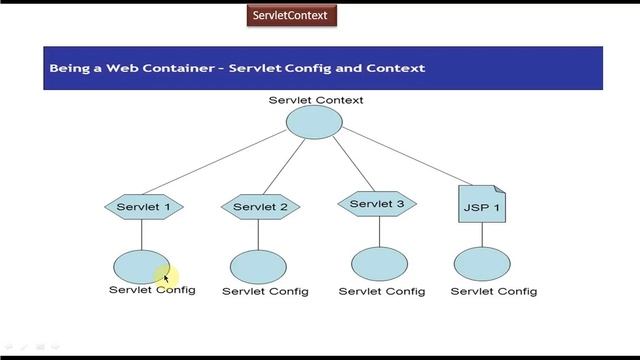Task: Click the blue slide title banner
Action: [x=322, y=68]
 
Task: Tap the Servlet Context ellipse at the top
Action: [x=315, y=122]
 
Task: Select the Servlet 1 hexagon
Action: [x=143, y=208]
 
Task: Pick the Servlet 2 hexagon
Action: [x=260, y=208]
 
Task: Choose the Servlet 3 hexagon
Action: [x=377, y=205]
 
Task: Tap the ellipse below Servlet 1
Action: [x=140, y=267]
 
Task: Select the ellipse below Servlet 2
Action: [x=258, y=267]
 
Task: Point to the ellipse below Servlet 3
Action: [x=379, y=264]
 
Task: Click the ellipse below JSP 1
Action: [x=482, y=265]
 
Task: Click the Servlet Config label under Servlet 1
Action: [x=152, y=290]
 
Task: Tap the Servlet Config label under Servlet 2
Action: [x=265, y=292]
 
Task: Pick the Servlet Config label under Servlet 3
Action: [x=381, y=292]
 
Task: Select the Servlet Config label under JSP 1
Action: [x=494, y=292]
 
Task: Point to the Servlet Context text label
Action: [x=316, y=100]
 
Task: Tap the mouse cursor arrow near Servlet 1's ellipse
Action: [x=167, y=279]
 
